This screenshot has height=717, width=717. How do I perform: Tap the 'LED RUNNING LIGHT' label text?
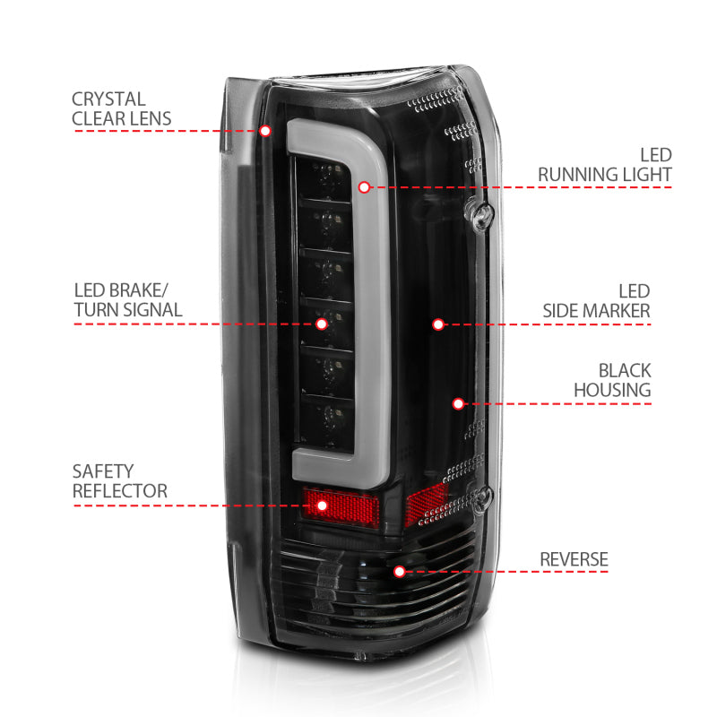pos(605,165)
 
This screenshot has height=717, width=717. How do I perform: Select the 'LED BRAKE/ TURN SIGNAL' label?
pos(127,300)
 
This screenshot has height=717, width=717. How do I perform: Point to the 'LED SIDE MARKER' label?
pos(597,301)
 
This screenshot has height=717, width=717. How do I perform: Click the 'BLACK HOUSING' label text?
pos(612,380)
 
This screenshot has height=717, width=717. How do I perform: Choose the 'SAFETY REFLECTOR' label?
pos(120,481)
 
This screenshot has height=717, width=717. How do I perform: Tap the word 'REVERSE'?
pos(574,560)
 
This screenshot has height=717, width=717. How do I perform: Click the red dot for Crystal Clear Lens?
pos(265,131)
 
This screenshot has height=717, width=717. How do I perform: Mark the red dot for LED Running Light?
pos(364,187)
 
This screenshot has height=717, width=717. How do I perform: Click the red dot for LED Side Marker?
pos(438,324)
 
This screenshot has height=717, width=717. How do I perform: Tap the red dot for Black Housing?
pos(458,404)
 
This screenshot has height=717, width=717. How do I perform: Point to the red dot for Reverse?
pos(400,570)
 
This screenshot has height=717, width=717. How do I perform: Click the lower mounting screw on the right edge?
pos(485,496)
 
